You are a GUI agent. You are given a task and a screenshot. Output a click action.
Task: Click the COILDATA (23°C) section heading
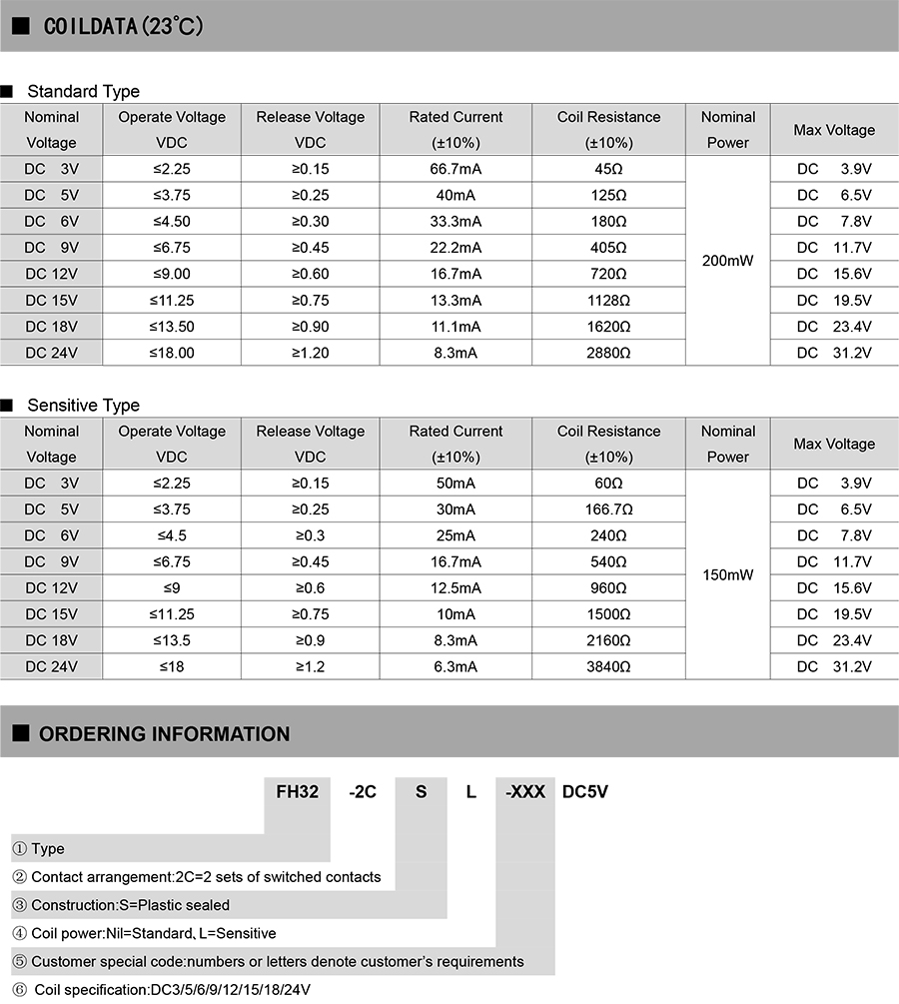[124, 27]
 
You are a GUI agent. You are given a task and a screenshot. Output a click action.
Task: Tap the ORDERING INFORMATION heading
[164, 734]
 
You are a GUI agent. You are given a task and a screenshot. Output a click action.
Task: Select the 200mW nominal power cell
[727, 261]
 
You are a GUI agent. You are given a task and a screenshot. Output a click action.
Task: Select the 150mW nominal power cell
[727, 575]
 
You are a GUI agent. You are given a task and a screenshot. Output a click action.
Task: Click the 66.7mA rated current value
[455, 169]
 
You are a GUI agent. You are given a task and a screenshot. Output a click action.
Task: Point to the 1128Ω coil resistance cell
[609, 300]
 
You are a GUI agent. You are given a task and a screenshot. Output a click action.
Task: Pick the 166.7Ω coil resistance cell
[609, 509]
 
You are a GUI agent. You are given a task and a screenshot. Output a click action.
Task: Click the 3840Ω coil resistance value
[609, 666]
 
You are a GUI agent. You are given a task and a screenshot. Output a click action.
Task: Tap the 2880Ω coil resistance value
[609, 353]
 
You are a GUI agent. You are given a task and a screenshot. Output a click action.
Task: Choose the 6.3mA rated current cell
[455, 666]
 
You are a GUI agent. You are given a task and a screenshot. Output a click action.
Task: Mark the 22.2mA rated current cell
[455, 248]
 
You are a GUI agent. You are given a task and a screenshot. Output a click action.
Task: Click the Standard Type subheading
[83, 92]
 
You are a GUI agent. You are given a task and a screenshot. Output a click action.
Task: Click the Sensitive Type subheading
[83, 406]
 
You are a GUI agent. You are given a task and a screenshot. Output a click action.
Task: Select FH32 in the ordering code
[297, 792]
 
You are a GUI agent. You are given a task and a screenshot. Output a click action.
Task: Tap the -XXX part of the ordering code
[525, 792]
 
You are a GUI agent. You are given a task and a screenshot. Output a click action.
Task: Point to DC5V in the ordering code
[585, 792]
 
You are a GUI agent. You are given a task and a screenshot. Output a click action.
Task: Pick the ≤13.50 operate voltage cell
[172, 327]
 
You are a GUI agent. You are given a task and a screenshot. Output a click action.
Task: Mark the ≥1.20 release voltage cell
[311, 353]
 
